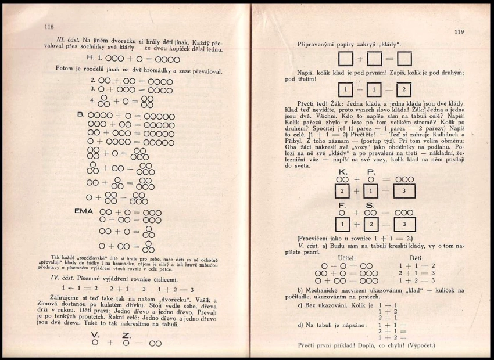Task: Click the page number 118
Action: click(x=49, y=27)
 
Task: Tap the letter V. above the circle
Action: click(x=95, y=335)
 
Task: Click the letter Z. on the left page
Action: click(x=127, y=335)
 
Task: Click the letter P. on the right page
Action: click(x=371, y=172)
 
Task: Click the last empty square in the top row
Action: click(x=404, y=59)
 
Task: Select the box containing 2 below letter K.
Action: click(x=343, y=191)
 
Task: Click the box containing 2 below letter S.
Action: click(x=371, y=223)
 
